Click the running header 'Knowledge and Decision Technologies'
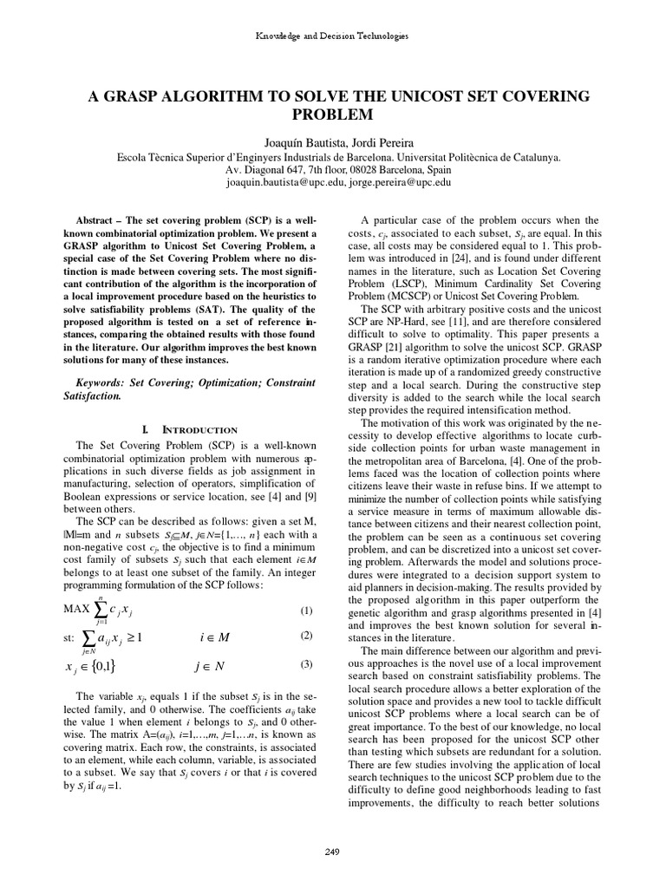332,36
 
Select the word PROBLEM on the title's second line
333,114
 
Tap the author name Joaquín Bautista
298,143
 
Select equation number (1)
305,610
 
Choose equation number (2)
305,635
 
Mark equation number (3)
305,665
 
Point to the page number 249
332,852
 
